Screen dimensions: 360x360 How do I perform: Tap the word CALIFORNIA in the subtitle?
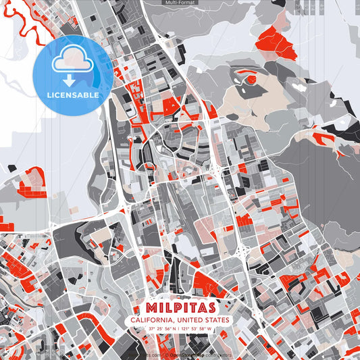(153, 319)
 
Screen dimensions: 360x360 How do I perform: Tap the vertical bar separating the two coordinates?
(179, 329)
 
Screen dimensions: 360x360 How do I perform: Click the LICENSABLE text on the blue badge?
(72, 95)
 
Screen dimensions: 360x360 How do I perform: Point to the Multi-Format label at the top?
(180, 3)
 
